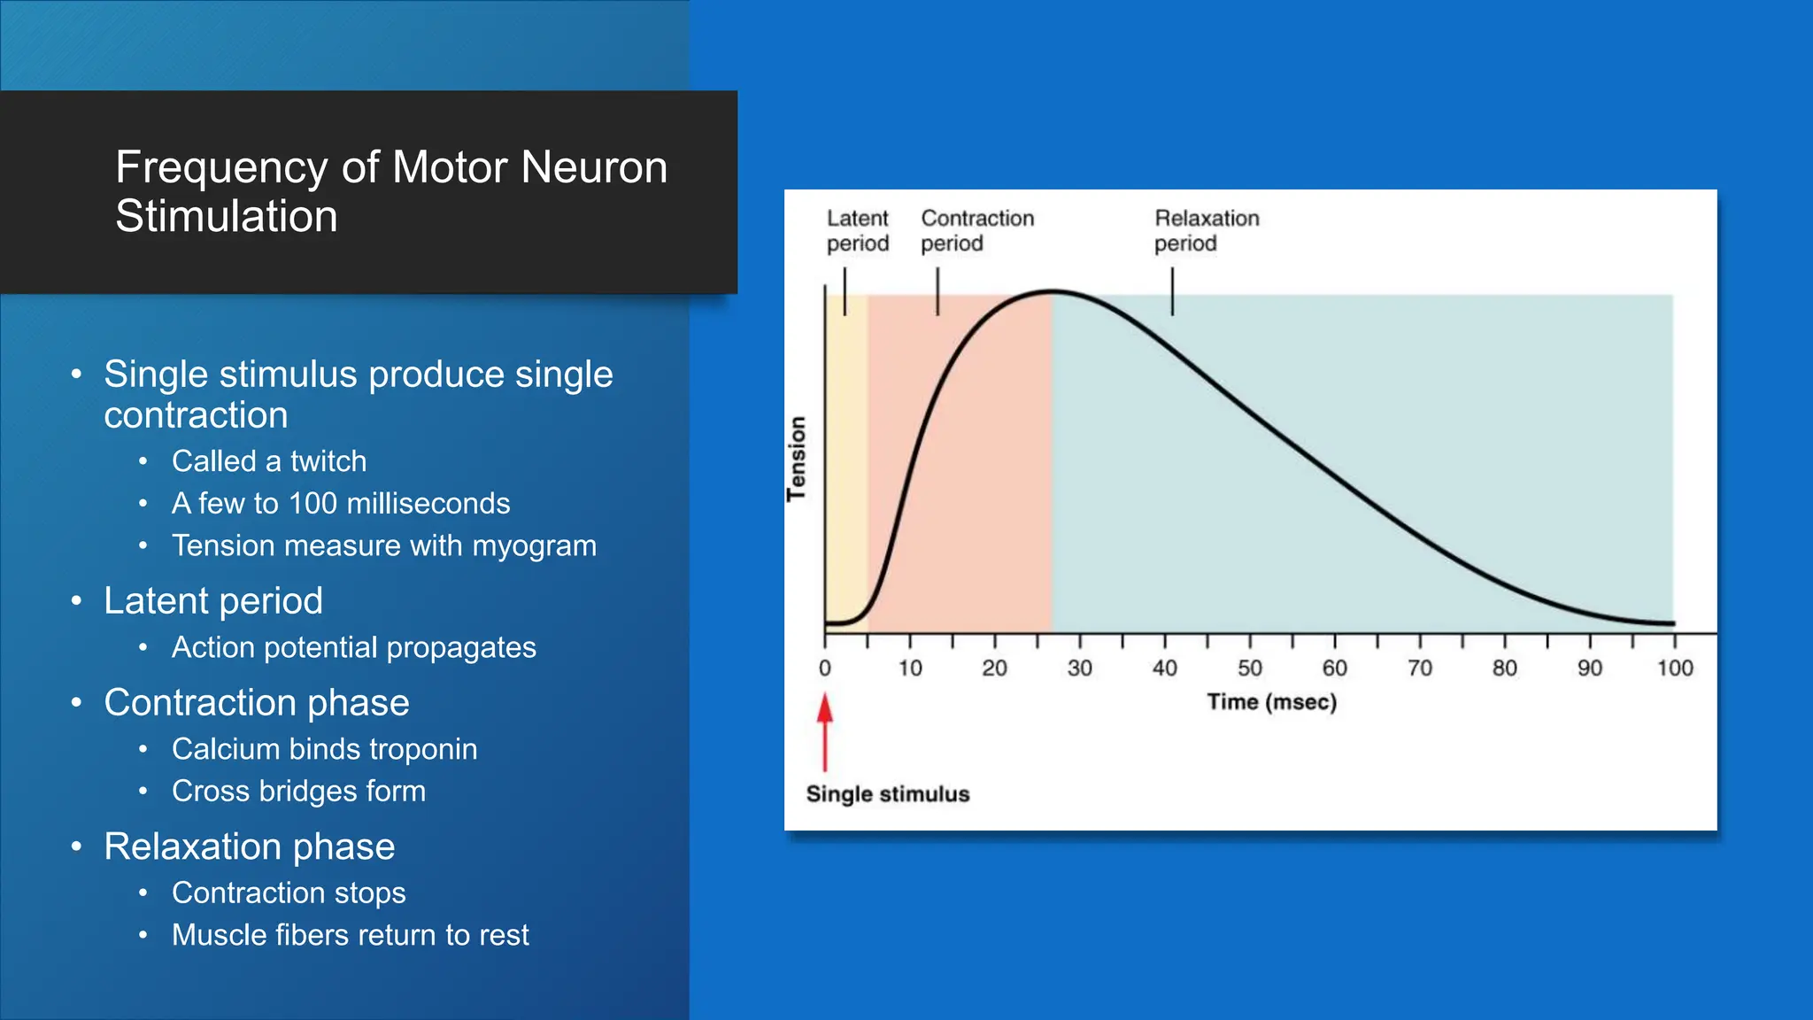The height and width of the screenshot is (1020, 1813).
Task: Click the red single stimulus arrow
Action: tap(825, 733)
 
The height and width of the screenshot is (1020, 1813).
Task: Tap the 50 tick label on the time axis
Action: tap(1249, 668)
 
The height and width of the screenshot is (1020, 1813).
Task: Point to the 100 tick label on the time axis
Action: tap(1675, 668)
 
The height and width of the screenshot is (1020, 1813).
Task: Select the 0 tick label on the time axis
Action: tap(825, 668)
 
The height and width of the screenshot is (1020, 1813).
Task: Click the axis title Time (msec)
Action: tap(1271, 702)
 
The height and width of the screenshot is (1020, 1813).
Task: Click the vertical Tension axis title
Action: tap(797, 459)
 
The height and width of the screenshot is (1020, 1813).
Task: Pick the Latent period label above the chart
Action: tap(857, 230)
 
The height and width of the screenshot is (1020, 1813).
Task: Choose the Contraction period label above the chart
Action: tap(976, 230)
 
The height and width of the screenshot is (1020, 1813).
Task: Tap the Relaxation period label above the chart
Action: tap(1206, 230)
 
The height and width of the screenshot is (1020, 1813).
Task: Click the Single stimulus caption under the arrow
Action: tap(888, 794)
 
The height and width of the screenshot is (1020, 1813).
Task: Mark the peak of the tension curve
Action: tap(1052, 291)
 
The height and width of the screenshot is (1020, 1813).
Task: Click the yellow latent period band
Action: tap(846, 460)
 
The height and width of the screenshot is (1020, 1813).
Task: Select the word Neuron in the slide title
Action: tap(594, 167)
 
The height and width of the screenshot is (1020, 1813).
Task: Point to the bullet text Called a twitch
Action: tap(269, 461)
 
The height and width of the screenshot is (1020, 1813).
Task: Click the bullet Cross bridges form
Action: tap(298, 791)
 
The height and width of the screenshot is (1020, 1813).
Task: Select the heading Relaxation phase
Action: tap(249, 846)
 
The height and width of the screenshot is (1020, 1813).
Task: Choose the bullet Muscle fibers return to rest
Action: tap(350, 935)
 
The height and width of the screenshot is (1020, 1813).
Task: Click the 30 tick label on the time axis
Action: tap(1079, 668)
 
